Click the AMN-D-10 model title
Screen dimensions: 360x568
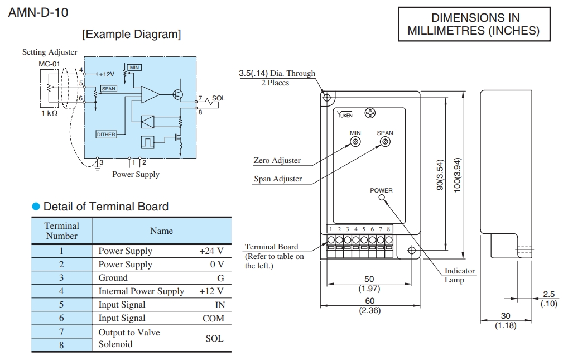38,12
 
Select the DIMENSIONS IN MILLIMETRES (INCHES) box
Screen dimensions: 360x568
474,25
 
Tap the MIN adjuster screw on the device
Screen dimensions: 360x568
355,142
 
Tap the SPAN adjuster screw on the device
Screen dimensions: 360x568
385,142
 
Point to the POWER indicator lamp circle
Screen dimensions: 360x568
382,198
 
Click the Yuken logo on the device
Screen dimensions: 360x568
345,115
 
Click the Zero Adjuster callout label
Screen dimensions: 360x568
277,161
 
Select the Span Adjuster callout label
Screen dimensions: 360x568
278,179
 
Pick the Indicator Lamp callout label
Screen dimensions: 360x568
459,275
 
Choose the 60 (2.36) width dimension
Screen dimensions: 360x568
369,305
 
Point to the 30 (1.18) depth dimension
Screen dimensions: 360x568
507,320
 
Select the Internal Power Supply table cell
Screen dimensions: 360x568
141,291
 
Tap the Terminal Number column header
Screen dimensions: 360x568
62,231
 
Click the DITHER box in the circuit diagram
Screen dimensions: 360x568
106,135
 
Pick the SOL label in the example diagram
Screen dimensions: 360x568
218,98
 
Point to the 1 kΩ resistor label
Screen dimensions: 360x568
49,113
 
